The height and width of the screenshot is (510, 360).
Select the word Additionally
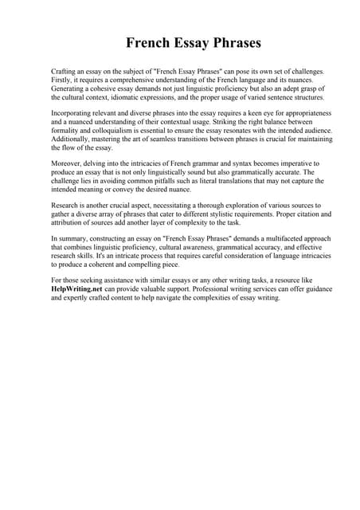pyautogui.click(x=70, y=139)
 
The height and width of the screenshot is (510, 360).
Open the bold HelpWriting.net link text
pyautogui.click(x=79, y=290)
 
